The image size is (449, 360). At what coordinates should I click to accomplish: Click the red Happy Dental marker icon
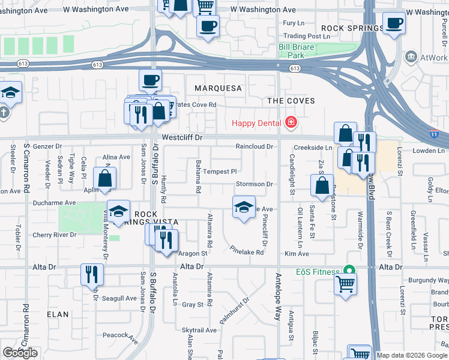(x=291, y=123)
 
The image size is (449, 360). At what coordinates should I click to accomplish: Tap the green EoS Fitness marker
(x=346, y=272)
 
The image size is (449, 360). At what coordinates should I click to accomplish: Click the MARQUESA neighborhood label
(x=218, y=88)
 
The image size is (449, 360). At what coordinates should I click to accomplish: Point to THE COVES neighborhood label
(x=291, y=101)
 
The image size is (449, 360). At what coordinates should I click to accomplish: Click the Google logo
(x=20, y=353)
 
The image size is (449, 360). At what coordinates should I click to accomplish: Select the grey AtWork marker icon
(x=411, y=58)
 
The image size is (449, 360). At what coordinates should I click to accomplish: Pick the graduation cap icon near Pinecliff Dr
(x=243, y=206)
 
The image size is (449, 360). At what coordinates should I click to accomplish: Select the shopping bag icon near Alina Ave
(x=104, y=178)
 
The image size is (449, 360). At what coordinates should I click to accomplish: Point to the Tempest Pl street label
(x=220, y=171)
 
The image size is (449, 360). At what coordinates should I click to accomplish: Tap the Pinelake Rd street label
(x=247, y=250)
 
